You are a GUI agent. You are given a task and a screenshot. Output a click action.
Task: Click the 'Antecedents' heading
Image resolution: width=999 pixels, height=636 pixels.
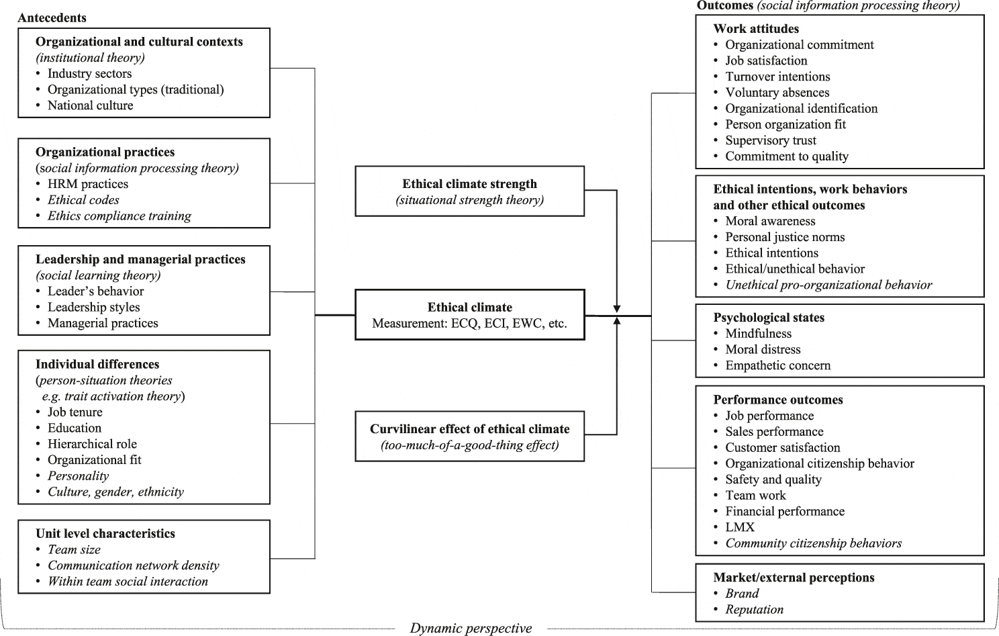[52, 17]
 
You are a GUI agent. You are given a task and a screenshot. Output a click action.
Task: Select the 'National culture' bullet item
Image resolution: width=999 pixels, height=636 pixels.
[90, 105]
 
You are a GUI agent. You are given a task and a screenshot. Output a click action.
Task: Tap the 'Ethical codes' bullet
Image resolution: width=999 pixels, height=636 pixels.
[83, 200]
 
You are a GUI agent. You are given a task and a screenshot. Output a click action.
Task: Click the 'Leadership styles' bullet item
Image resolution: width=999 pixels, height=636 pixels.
[93, 308]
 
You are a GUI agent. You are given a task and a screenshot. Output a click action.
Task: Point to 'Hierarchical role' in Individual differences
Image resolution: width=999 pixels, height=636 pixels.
[92, 445]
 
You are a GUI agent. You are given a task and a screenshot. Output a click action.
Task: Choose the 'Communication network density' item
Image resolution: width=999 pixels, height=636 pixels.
[133, 565]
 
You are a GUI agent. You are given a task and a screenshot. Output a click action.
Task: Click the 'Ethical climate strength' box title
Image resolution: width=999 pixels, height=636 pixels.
[469, 184]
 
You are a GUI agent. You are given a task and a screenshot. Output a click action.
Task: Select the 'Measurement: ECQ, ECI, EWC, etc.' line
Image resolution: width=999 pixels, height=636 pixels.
[469, 324]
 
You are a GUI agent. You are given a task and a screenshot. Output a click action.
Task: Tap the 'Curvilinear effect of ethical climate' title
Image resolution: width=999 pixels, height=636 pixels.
[469, 429]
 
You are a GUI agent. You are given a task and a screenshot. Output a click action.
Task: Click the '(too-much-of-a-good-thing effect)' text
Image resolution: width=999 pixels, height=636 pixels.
[469, 445]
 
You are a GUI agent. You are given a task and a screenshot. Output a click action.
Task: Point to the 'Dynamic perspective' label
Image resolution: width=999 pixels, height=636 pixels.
[471, 628]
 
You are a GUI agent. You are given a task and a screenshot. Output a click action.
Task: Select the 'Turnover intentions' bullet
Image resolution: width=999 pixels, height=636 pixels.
[777, 77]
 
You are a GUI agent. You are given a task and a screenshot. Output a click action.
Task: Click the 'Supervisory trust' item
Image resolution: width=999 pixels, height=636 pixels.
[771, 140]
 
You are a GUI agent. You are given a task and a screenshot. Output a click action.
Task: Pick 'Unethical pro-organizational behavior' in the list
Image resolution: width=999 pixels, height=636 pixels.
[828, 285]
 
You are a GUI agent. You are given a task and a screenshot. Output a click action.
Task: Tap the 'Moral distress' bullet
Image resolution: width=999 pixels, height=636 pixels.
[763, 350]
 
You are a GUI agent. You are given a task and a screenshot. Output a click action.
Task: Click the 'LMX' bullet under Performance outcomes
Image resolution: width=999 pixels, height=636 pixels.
[740, 528]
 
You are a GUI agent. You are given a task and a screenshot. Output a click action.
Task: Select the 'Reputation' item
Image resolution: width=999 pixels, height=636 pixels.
[754, 610]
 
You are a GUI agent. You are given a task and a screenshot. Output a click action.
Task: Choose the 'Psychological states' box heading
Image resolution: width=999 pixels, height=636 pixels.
[769, 318]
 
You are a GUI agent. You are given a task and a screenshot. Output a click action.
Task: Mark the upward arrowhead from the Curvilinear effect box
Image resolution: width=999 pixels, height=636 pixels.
[616, 322]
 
